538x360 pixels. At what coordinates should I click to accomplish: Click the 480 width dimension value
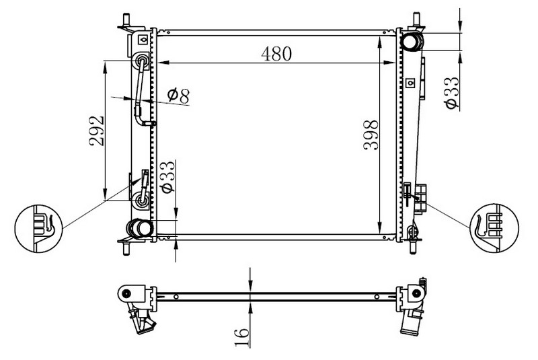point(276,54)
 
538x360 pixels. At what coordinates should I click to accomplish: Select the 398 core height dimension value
point(371,135)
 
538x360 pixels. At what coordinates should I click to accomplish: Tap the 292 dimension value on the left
point(97,131)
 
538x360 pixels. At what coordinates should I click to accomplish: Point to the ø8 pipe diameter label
point(178,96)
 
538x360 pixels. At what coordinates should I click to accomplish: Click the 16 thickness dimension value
point(242,337)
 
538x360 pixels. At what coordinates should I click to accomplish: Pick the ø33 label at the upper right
point(451,93)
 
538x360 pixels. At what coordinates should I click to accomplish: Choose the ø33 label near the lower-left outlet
point(168,177)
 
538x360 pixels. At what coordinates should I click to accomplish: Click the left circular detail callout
point(38,229)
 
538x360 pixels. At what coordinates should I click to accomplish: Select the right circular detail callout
point(494,228)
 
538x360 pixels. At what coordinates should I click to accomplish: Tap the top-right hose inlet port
point(412,42)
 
